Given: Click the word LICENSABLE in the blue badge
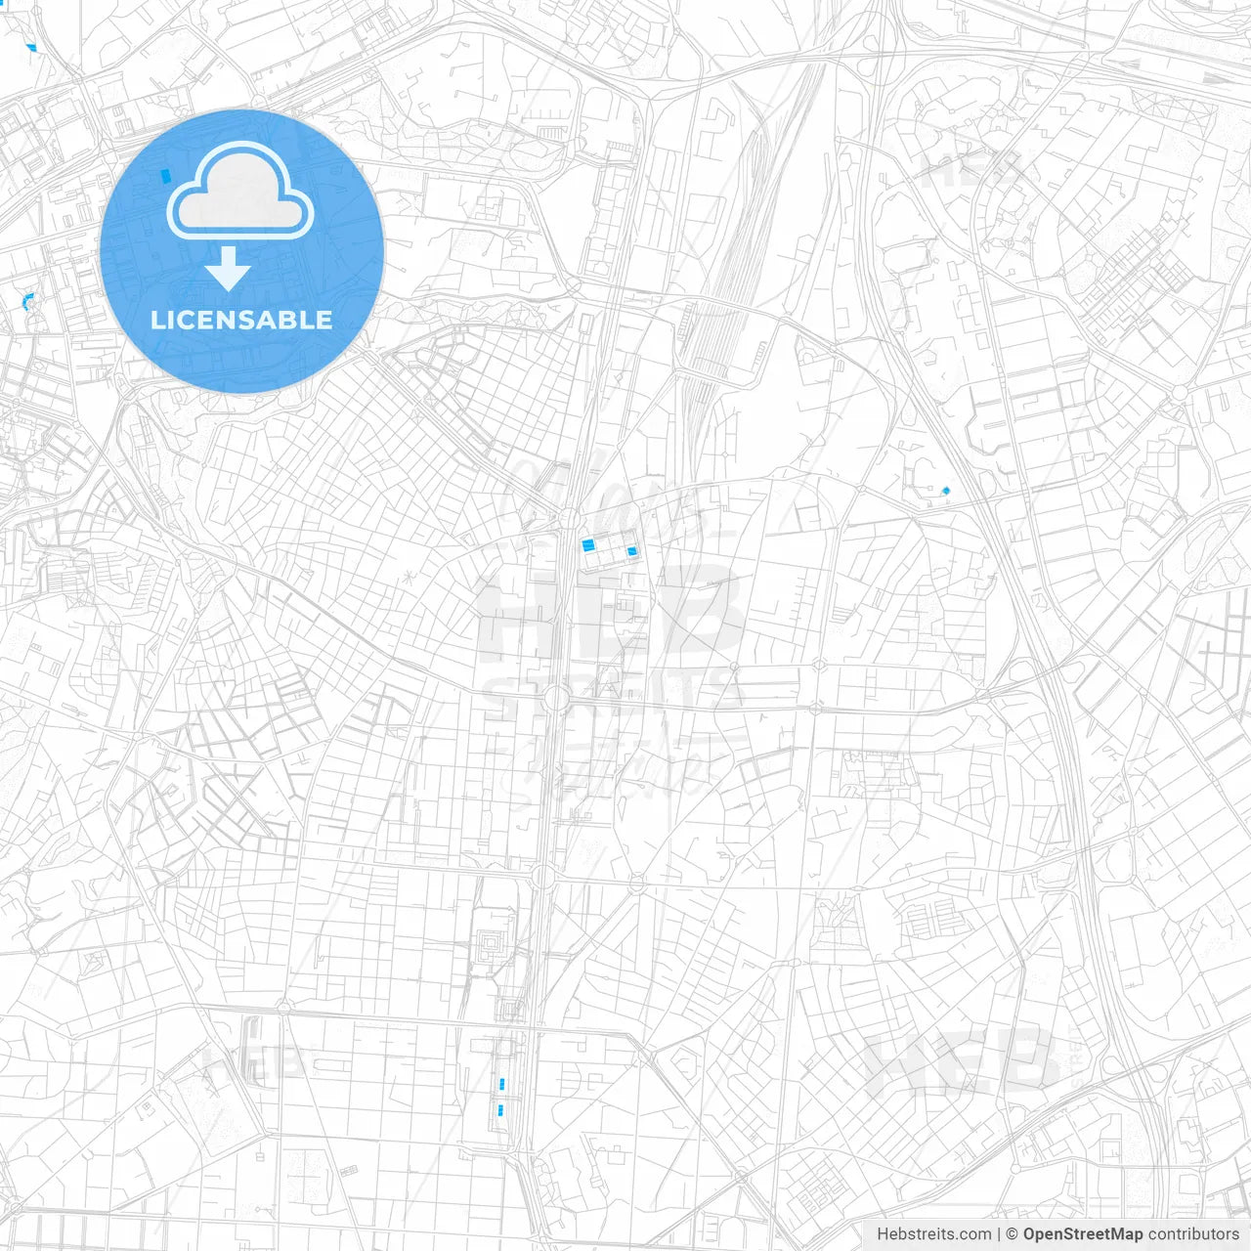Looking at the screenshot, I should pos(241,320).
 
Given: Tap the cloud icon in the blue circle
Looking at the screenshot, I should pos(240,191).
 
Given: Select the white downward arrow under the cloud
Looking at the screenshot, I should pos(228,270).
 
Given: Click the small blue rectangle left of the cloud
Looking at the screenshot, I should pos(165,176).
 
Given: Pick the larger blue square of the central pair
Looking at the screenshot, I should pos(588,545).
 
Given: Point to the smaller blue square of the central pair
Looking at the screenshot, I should pos(631,552).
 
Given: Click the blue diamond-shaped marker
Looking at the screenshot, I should pos(945,491).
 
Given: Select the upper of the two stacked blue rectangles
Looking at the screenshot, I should pos(502,1084).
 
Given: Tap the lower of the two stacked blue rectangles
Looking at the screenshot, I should pos(500,1109).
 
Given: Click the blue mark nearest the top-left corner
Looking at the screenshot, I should pos(32,47).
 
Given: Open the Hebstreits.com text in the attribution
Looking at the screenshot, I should pos(933,1234).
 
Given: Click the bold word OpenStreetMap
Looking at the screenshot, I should pos(1082,1234).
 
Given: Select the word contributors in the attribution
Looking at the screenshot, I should pos(1193,1234).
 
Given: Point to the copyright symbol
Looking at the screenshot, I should pos(1013,1234).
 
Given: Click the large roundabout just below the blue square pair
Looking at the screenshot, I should pos(556,698).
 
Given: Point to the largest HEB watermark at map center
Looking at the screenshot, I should pos(611,616).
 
